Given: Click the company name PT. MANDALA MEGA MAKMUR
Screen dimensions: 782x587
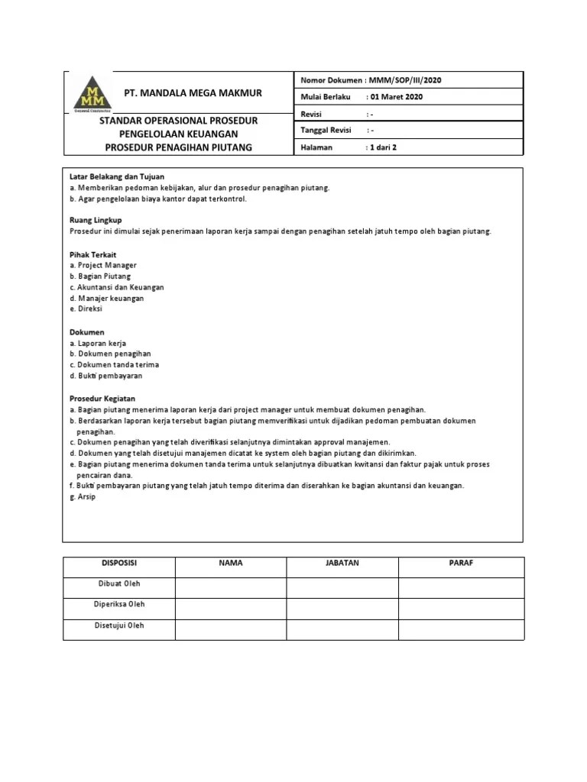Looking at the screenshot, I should coord(193,93).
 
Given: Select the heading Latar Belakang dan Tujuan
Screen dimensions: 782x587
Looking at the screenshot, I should coord(116,176).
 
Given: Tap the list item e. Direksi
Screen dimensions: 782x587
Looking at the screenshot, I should coord(86,309).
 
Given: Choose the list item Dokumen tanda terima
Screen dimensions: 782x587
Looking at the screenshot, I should coord(114,365).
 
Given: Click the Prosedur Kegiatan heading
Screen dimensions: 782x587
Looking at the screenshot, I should coord(102,398).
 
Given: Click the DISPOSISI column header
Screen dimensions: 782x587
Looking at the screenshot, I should coord(119,564).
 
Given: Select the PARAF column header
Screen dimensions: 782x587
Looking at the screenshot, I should coord(461,564).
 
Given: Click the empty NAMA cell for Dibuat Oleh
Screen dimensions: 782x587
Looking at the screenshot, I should coord(230,586).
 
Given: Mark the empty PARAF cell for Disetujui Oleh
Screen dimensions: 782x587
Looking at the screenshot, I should coord(461,629).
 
